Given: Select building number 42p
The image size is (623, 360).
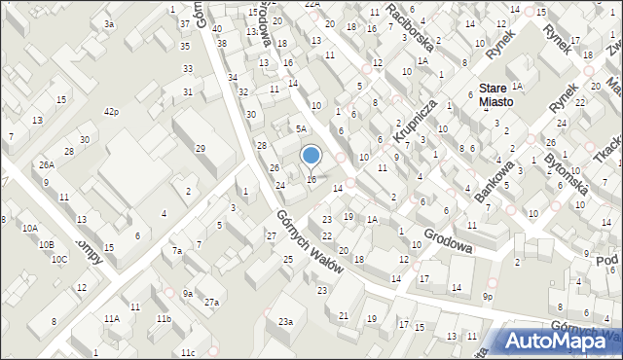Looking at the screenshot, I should coord(112,112).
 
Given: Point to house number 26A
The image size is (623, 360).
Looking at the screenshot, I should coord(46,164).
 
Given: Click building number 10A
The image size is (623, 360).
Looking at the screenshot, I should coord(30,229).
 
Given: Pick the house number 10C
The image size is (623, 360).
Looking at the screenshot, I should coord(59,259).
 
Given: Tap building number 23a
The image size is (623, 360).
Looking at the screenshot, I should coord(284,321).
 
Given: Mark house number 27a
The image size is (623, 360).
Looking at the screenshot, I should coord(211,303).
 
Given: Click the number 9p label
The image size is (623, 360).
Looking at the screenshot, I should coord(488,295).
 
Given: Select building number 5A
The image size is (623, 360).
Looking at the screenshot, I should coord(302,128).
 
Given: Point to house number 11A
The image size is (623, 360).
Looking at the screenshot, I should coord(112,318).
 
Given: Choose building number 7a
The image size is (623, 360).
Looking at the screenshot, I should coord(176,251).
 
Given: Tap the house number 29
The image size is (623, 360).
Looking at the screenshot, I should coord(200,148).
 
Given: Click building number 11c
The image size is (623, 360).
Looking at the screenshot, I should coord(187,351).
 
